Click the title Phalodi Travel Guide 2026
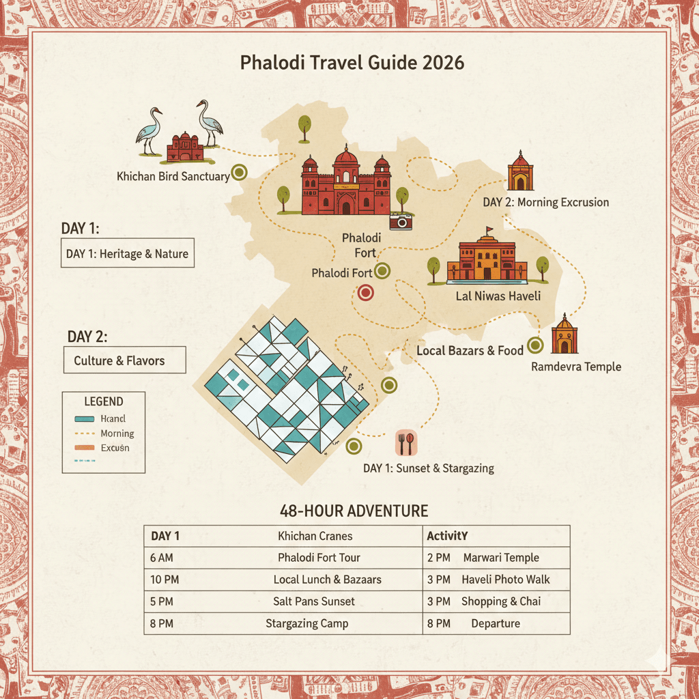click(x=352, y=63)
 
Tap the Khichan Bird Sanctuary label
click(x=173, y=177)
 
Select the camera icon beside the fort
click(x=401, y=220)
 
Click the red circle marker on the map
click(x=366, y=294)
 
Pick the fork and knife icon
click(x=405, y=443)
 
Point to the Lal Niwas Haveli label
click(x=498, y=296)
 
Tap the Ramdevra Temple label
click(x=575, y=367)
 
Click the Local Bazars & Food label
click(x=470, y=350)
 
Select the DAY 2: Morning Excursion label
click(x=545, y=202)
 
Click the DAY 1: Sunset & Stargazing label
click(x=428, y=468)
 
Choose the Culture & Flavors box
click(x=124, y=360)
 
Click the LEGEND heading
click(x=103, y=401)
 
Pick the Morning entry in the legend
click(x=117, y=433)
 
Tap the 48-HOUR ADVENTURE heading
click(x=354, y=511)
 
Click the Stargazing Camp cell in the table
click(x=306, y=623)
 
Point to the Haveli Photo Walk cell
click(x=505, y=580)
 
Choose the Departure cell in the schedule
click(x=495, y=623)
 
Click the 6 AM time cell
click(x=162, y=558)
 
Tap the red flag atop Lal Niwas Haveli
click(x=489, y=231)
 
